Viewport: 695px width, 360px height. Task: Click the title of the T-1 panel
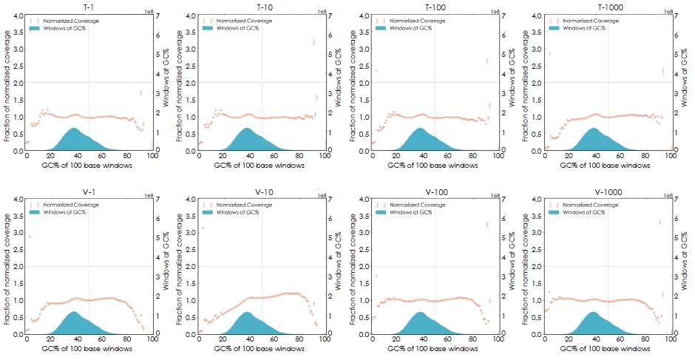(x=89, y=6)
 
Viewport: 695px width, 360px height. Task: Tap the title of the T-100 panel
(x=435, y=6)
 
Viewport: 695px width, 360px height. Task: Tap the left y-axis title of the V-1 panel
(x=7, y=266)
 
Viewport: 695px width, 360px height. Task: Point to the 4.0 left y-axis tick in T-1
(x=18, y=16)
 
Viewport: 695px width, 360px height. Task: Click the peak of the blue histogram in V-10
(x=246, y=312)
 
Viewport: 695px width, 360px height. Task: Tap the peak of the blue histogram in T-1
(x=74, y=128)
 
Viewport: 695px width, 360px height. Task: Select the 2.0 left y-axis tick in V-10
(x=191, y=266)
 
